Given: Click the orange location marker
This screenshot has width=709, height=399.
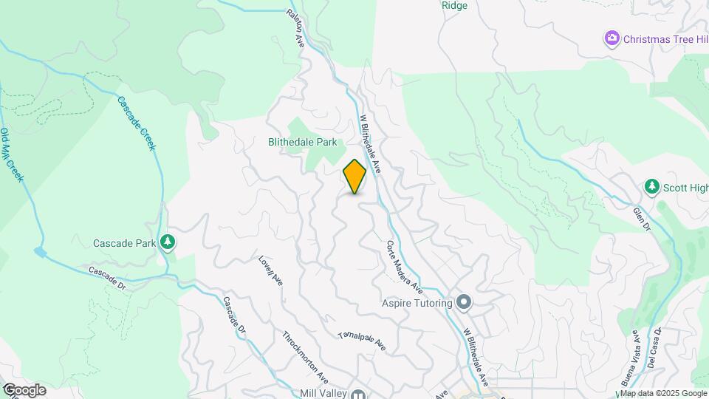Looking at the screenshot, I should click(x=354, y=177).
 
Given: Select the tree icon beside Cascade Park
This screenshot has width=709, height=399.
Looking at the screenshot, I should click(x=168, y=242).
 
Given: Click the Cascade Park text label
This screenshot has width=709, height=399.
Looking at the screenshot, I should click(x=123, y=242).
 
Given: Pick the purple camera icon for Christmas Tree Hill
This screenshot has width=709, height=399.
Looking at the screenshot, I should click(x=612, y=38).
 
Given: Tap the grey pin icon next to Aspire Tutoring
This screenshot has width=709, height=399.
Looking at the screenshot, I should click(x=464, y=302).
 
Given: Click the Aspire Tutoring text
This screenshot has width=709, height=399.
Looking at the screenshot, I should click(x=417, y=303).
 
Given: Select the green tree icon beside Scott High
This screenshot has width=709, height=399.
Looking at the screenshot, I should click(x=651, y=188).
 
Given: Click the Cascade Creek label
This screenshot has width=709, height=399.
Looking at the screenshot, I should click(x=137, y=123).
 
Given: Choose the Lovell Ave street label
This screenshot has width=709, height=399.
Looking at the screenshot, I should click(x=270, y=271).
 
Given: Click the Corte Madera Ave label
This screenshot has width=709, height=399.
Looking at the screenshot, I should click(x=404, y=265).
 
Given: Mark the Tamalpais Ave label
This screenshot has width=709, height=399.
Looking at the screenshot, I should click(x=362, y=340).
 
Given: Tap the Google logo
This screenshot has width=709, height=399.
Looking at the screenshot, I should click(x=24, y=390).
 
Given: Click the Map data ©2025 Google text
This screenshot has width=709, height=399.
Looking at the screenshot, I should click(x=663, y=393).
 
